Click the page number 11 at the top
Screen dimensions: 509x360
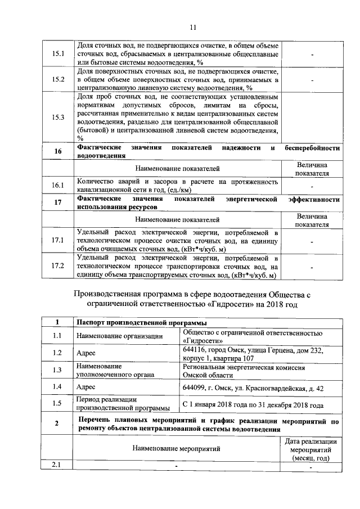coord(192,26)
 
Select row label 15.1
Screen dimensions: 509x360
coord(58,54)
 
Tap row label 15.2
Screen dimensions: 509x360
coord(58,79)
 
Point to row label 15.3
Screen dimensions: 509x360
coord(58,118)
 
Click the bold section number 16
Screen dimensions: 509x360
coord(58,152)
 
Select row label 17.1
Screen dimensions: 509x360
coord(58,240)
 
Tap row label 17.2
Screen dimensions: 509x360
coord(58,266)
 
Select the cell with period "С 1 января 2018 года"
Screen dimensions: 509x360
coord(253,404)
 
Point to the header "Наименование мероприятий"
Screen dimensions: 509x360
coord(177,448)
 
